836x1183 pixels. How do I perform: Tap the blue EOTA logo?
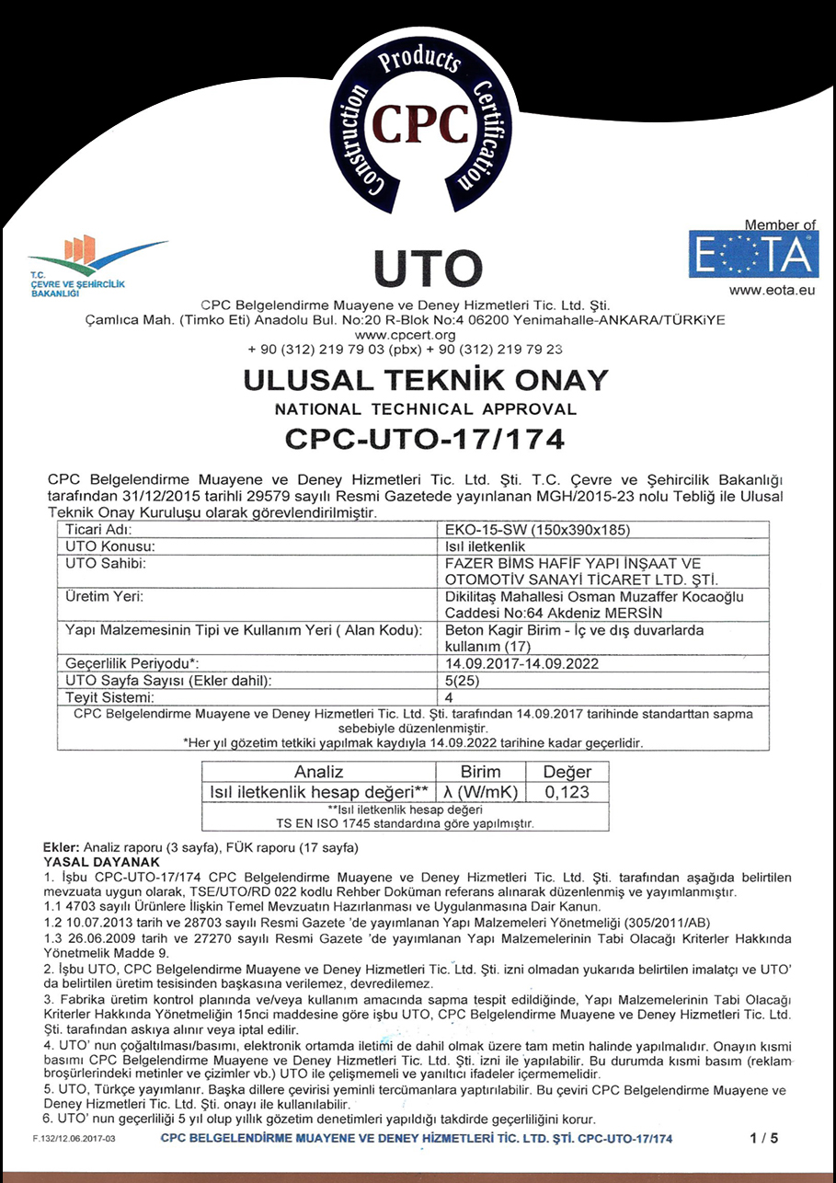pos(753,255)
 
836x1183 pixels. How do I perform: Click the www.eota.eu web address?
pos(773,290)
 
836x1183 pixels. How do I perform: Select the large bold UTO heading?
pos(429,268)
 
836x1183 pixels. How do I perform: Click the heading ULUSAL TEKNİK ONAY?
pos(424,380)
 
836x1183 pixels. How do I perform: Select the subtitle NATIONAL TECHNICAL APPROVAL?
pos(424,409)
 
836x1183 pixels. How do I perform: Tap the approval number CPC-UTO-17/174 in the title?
pos(424,440)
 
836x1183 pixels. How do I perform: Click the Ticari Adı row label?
pos(100,530)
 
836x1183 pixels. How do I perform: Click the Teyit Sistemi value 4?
pos(449,697)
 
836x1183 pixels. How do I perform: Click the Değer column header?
pos(567,772)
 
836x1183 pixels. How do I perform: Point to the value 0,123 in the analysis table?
pos(567,792)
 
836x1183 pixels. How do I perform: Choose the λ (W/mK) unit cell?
pos(480,792)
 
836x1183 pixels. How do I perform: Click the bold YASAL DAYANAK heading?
pos(102,862)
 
